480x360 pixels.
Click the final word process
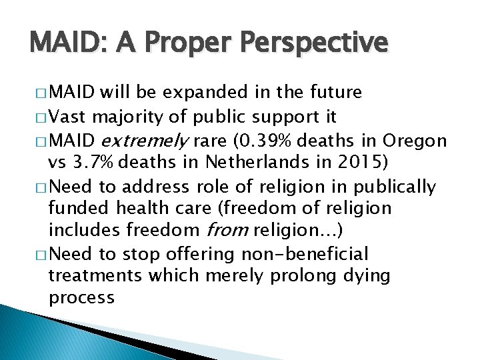[x=81, y=298]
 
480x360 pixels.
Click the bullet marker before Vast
[x=39, y=119]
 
